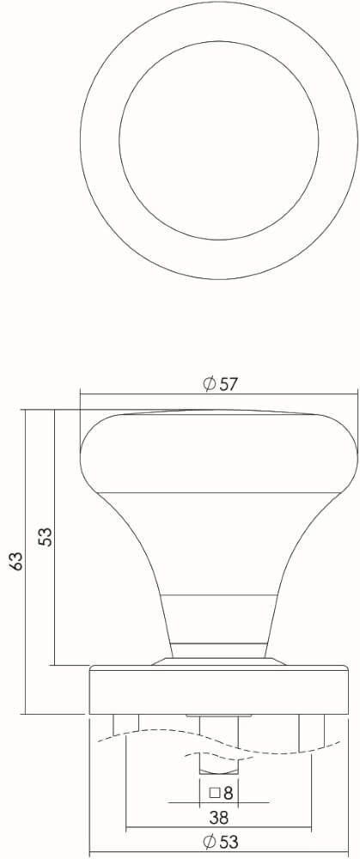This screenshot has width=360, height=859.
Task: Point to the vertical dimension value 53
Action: coord(46,536)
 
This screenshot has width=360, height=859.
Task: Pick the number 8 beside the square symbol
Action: coord(228,792)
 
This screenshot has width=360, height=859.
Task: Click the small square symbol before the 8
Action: coord(215,792)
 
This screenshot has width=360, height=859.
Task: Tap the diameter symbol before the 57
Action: coord(209,385)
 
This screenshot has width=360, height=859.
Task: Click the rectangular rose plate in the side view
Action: coord(219,691)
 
